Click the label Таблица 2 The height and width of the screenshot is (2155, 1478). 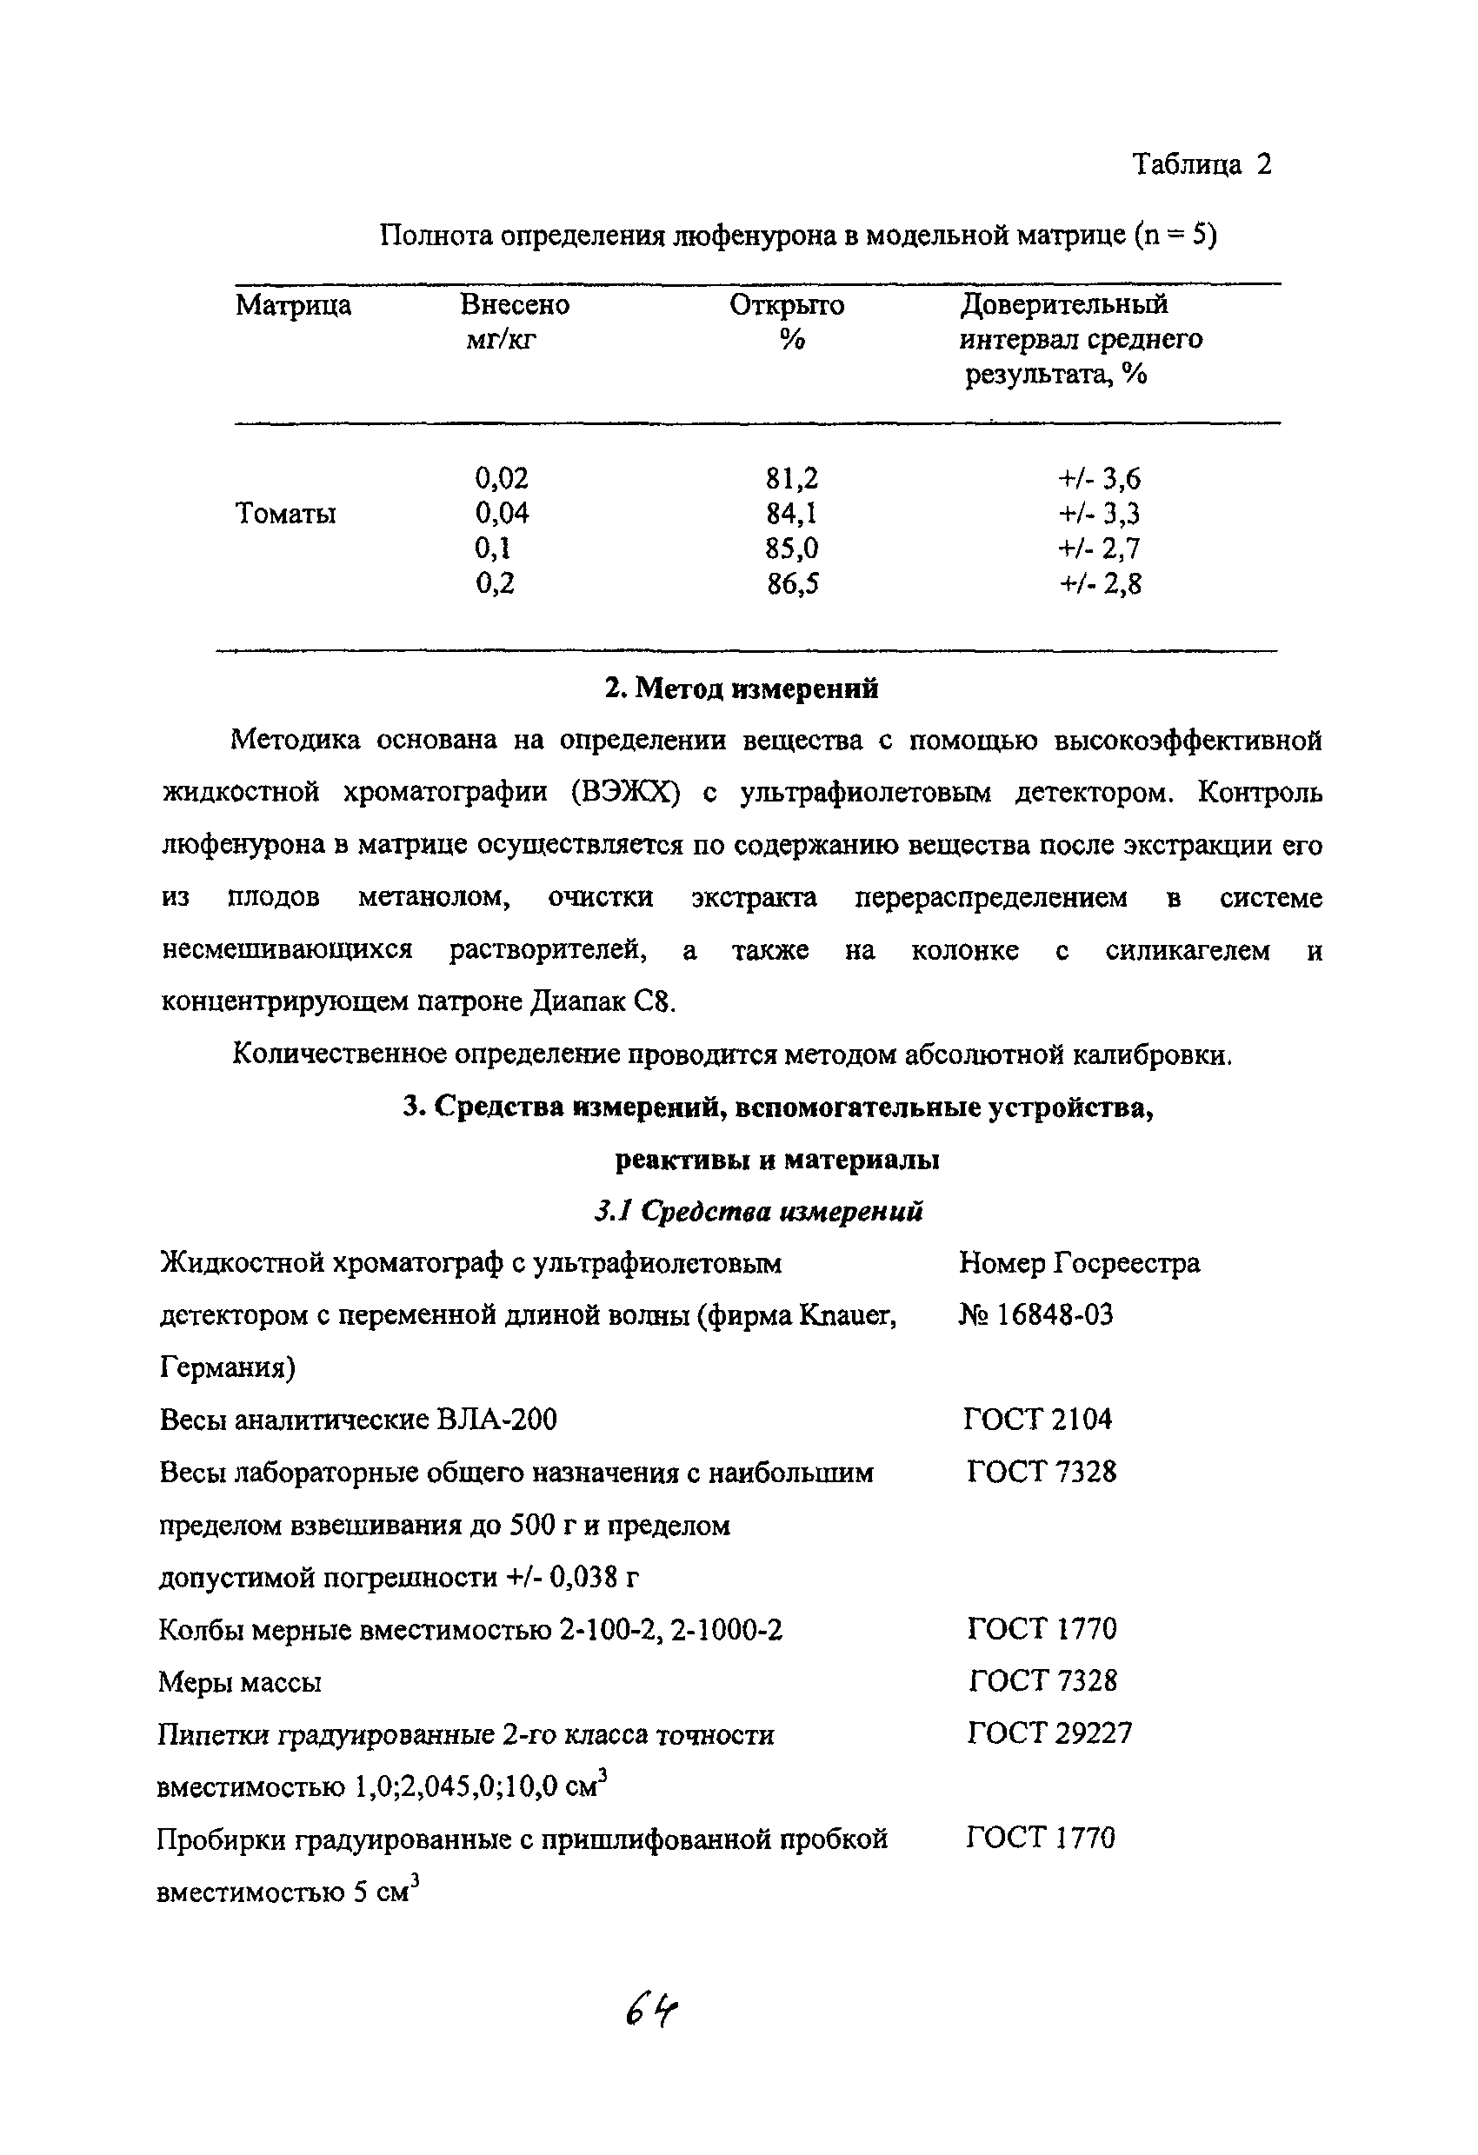point(1201,165)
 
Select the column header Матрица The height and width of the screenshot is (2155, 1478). point(293,305)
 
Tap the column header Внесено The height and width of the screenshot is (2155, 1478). point(515,305)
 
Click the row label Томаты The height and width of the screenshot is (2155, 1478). point(285,513)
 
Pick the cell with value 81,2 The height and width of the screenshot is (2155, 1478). point(792,478)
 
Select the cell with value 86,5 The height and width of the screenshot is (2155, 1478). point(792,583)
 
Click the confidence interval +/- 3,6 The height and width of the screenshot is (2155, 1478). point(1100,478)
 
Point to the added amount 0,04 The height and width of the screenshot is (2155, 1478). point(502,513)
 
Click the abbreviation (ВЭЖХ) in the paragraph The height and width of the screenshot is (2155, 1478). point(627,793)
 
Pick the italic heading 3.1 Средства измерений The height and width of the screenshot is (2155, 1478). point(757,1211)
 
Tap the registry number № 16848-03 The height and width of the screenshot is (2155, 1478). point(1036,1315)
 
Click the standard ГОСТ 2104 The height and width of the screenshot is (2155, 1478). point(1037,1419)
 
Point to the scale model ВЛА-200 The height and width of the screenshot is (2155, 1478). point(497,1420)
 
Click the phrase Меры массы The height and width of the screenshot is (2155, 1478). point(240,1681)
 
